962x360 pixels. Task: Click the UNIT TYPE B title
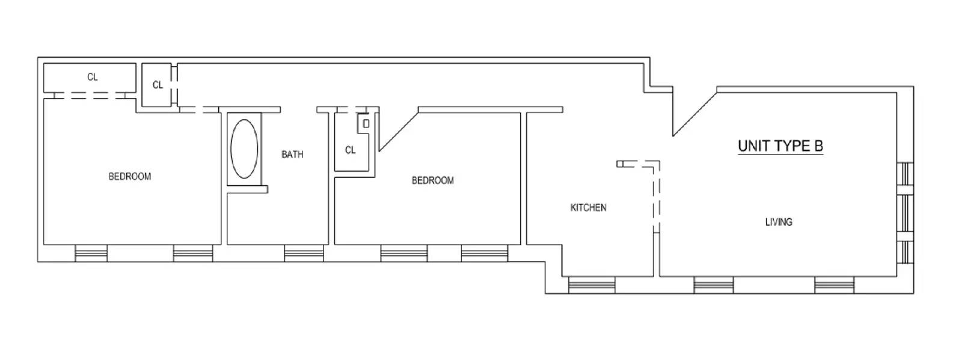pos(780,146)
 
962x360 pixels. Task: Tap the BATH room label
pos(292,154)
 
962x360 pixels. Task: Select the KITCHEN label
pos(589,208)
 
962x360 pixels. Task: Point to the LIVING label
pos(779,222)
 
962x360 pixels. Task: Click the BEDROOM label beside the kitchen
pos(432,180)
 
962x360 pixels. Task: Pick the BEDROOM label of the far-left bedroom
pos(130,176)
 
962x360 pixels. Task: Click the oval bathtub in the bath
pos(244,148)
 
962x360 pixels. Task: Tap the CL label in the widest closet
pos(93,78)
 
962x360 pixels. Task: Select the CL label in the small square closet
pos(158,85)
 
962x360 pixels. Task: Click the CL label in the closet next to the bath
pos(350,150)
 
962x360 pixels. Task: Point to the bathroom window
pos(304,253)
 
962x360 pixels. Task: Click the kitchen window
pos(592,285)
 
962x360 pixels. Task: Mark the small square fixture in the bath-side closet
pos(366,124)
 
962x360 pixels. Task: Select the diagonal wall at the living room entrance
pos(695,114)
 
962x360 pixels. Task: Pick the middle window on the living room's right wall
pos(905,213)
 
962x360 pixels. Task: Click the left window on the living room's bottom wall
pos(713,285)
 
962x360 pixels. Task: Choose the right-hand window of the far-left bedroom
pos(193,253)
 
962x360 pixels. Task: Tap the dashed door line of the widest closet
pos(90,96)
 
